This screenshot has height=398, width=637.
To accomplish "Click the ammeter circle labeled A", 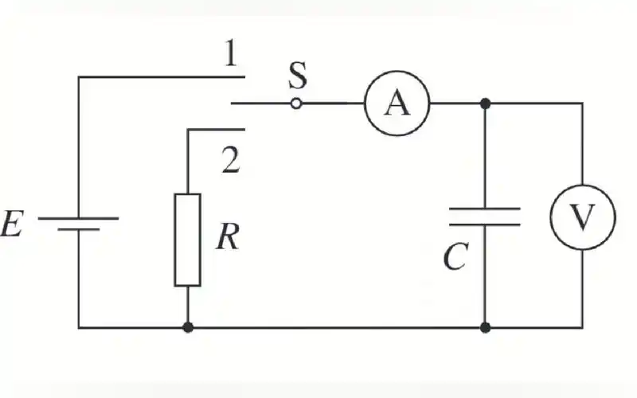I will pyautogui.click(x=397, y=103).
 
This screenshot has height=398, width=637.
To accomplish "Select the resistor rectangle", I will pyautogui.click(x=188, y=239).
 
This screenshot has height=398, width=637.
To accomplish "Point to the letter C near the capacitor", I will pyautogui.click(x=455, y=256).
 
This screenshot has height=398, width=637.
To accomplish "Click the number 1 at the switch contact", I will pyautogui.click(x=230, y=56).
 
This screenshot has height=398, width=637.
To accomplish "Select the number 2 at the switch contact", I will pyautogui.click(x=230, y=161).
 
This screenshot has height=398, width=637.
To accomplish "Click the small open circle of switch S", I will pyautogui.click(x=296, y=103).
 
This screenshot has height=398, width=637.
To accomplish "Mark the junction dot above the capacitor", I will pyautogui.click(x=485, y=103).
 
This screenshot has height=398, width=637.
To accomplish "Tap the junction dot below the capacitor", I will pyautogui.click(x=485, y=327).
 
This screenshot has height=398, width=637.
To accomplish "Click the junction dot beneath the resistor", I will pyautogui.click(x=188, y=327).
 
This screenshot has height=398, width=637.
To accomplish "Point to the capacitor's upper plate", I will pyautogui.click(x=485, y=209).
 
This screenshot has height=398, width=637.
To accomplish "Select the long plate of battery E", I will pyautogui.click(x=78, y=217).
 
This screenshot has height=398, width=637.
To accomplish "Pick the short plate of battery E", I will pyautogui.click(x=78, y=228).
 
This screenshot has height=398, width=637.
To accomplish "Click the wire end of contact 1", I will pyautogui.click(x=242, y=76).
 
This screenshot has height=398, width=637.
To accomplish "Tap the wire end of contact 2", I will pyautogui.click(x=242, y=129).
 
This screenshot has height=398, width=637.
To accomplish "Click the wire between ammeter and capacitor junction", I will pyautogui.click(x=457, y=103).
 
